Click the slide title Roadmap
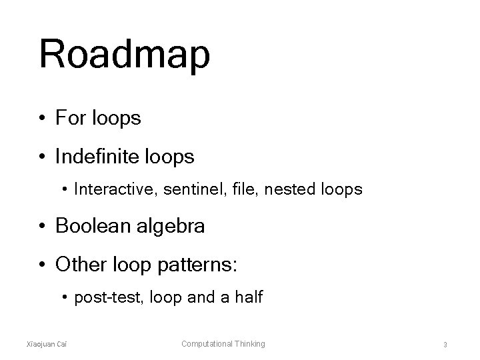125,55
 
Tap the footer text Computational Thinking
223,344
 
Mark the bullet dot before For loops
42,119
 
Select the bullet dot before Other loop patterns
42,265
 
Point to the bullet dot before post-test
65,298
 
